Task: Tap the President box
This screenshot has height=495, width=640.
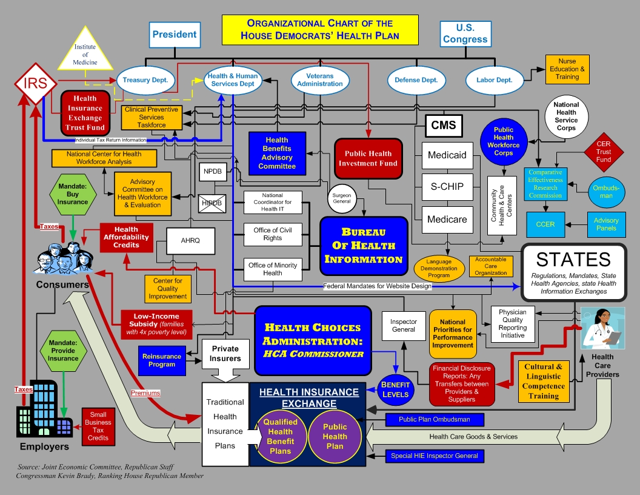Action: (x=175, y=35)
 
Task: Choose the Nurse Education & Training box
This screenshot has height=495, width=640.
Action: (x=567, y=70)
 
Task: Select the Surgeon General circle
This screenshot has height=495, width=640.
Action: (x=341, y=198)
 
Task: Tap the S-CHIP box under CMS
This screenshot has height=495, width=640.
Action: (x=447, y=187)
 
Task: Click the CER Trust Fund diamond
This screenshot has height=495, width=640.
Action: (x=603, y=152)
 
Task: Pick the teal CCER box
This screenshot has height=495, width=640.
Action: (x=545, y=224)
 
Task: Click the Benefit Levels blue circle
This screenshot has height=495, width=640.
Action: (x=395, y=389)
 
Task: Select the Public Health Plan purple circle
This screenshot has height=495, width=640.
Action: (x=335, y=437)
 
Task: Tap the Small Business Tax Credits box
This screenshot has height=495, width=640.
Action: (x=98, y=426)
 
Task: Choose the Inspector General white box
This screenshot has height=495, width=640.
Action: (x=404, y=326)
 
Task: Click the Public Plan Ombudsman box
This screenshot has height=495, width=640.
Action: (x=434, y=419)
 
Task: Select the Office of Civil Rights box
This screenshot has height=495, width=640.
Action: (x=273, y=234)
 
